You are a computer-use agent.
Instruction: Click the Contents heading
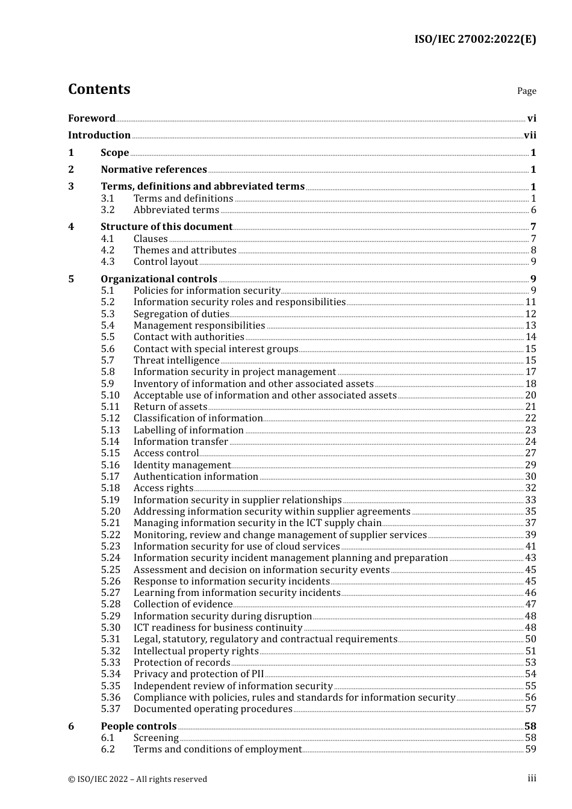click(99, 89)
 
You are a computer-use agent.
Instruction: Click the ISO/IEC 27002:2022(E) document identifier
click(474, 40)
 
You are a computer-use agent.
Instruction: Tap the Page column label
click(526, 91)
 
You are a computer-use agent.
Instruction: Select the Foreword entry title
click(92, 119)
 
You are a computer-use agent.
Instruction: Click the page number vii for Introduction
click(530, 135)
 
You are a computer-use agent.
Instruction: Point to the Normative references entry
click(154, 170)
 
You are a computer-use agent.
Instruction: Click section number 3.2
click(108, 210)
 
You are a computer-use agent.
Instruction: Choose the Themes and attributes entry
click(185, 250)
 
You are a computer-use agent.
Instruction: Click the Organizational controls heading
click(159, 279)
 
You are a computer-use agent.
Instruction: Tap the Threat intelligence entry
click(176, 361)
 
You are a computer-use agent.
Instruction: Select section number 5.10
click(110, 395)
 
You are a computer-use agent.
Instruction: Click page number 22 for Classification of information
click(530, 418)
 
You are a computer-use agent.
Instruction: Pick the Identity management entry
click(182, 465)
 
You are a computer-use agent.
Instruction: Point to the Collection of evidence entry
click(183, 604)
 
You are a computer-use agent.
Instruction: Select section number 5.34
click(110, 674)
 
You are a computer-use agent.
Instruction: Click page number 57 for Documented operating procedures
click(530, 709)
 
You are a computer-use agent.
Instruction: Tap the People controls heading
click(138, 727)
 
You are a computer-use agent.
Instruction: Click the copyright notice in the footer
click(137, 779)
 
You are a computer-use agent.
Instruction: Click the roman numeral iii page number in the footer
click(532, 778)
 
